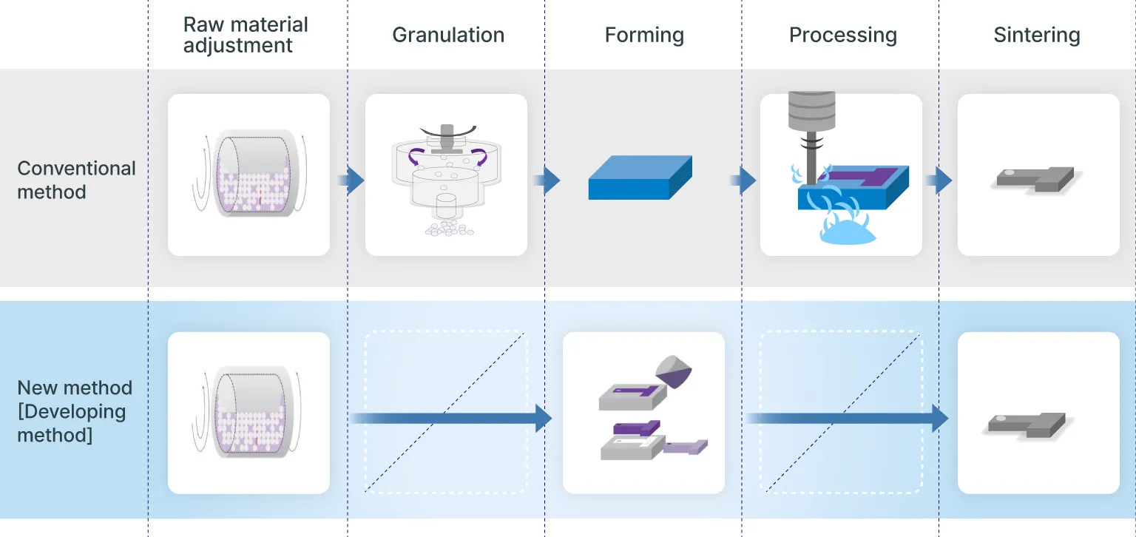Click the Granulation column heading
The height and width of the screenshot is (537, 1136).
(x=448, y=36)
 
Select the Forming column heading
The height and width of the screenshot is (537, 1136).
(x=643, y=36)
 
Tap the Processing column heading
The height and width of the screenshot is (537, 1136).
(x=842, y=36)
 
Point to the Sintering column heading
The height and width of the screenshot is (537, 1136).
(x=1036, y=36)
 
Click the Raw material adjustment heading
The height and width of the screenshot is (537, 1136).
(x=246, y=35)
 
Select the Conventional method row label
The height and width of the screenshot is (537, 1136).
(x=76, y=180)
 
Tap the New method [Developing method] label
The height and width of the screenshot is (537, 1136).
(x=75, y=411)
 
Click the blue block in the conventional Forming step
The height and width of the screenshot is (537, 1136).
(x=640, y=178)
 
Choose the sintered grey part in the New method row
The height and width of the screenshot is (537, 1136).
(x=1027, y=424)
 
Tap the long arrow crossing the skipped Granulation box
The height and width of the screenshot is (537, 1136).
(x=451, y=418)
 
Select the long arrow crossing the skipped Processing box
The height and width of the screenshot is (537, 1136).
(x=847, y=418)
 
